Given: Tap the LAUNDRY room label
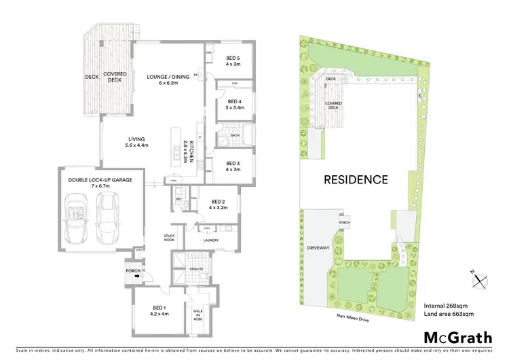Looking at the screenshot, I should (212, 240).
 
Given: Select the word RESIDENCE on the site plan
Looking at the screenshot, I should (356, 180).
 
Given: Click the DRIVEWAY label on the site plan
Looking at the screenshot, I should (318, 248).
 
